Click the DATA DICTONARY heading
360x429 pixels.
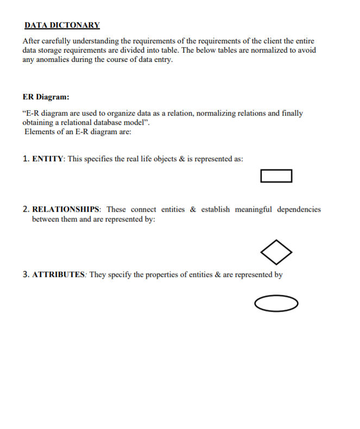pyautogui.click(x=62, y=25)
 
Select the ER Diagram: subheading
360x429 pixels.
pyautogui.click(x=46, y=97)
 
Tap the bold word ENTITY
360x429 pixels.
pyautogui.click(x=48, y=159)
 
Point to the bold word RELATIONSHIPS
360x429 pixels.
pyautogui.click(x=66, y=209)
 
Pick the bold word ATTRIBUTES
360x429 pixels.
pyautogui.click(x=59, y=274)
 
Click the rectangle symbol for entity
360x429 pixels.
pyautogui.click(x=276, y=176)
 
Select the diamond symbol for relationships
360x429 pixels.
pyautogui.click(x=276, y=250)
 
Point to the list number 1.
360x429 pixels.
pyautogui.click(x=26, y=159)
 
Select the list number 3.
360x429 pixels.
pyautogui.click(x=26, y=274)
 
